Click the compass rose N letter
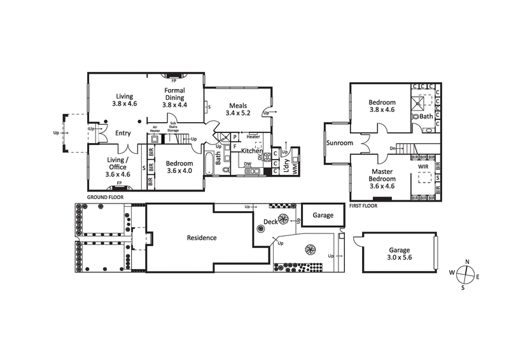click(x=467, y=262)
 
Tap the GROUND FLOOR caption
click(x=105, y=198)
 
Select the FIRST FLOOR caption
click(x=363, y=206)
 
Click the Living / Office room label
click(x=117, y=167)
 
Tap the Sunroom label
click(x=340, y=143)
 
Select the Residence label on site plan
click(x=202, y=238)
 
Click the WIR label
click(x=422, y=167)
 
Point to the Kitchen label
click(x=251, y=151)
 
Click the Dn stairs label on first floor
click(x=393, y=149)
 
